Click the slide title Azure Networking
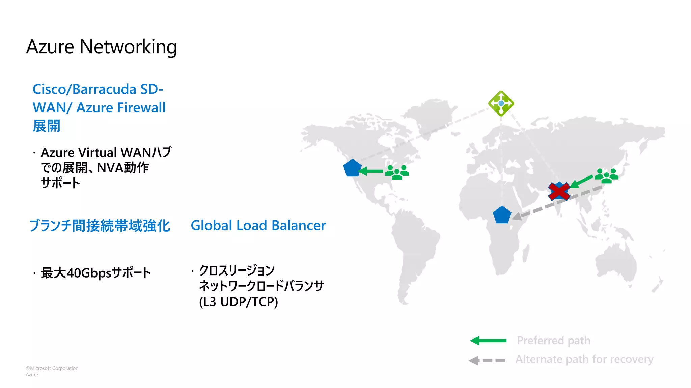101,47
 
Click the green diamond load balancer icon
501,103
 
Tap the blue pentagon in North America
352,168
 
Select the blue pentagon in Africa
502,215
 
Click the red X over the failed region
559,191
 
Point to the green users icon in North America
397,172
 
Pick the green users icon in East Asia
606,176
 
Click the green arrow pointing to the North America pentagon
371,171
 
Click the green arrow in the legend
488,341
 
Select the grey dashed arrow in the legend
487,360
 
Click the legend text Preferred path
553,341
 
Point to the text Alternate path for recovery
584,359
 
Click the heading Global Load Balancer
258,225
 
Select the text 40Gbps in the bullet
89,273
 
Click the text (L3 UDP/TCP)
238,302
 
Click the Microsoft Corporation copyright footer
52,368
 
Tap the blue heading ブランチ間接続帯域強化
100,226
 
